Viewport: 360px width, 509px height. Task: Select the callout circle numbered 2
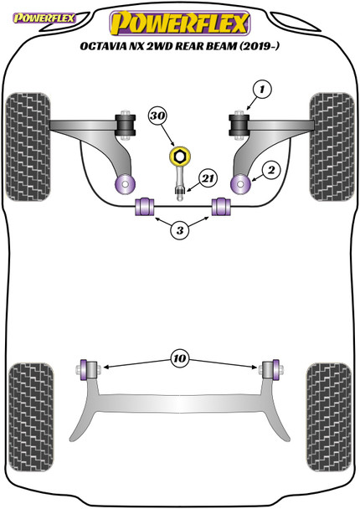pos(270,169)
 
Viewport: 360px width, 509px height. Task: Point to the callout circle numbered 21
pos(207,177)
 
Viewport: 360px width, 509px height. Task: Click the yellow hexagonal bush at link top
pos(178,157)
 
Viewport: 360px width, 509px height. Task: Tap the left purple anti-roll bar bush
pos(143,206)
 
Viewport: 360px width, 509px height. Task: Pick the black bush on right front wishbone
pos(237,125)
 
